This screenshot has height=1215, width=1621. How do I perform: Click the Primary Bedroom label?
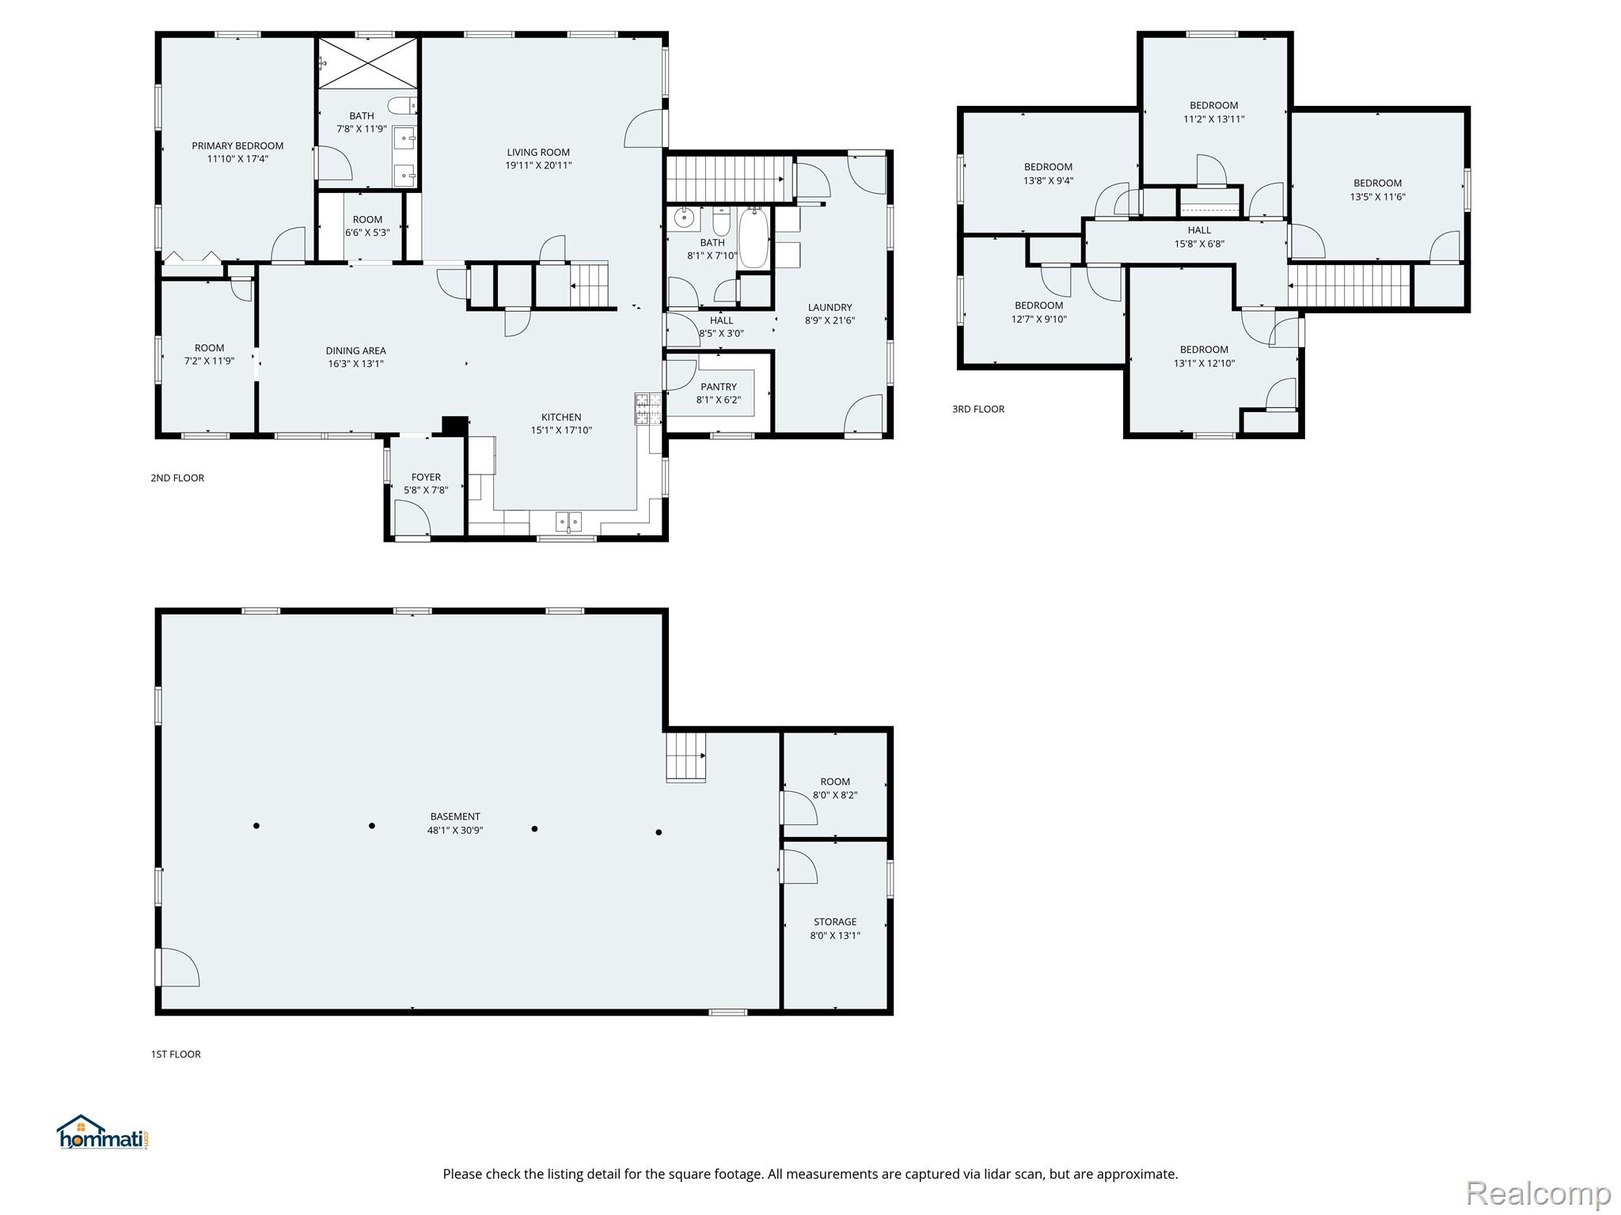pyautogui.click(x=237, y=146)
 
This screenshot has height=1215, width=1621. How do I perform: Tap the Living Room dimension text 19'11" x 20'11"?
pyautogui.click(x=538, y=165)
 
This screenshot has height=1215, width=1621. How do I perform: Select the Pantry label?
pyautogui.click(x=719, y=387)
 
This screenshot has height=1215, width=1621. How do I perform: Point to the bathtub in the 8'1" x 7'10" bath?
pyautogui.click(x=754, y=237)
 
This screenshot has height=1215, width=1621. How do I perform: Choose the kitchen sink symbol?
pyautogui.click(x=568, y=522)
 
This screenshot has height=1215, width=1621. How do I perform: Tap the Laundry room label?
pyautogui.click(x=830, y=308)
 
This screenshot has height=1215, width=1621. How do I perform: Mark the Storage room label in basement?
pyautogui.click(x=835, y=922)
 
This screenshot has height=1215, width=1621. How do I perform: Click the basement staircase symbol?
pyautogui.click(x=685, y=757)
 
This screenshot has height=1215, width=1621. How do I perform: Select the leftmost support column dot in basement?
pyautogui.click(x=256, y=826)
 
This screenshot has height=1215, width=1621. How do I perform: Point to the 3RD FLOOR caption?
pyautogui.click(x=978, y=409)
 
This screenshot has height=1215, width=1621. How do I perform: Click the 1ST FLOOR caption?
pyautogui.click(x=176, y=1054)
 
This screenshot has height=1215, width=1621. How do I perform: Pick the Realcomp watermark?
pyautogui.click(x=1539, y=1193)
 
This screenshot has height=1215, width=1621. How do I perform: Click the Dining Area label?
pyautogui.click(x=356, y=350)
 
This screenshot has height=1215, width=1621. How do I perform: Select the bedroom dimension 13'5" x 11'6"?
pyautogui.click(x=1378, y=197)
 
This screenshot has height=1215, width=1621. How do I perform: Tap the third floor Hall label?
pyautogui.click(x=1199, y=230)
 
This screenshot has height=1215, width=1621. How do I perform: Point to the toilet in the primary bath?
pyautogui.click(x=401, y=105)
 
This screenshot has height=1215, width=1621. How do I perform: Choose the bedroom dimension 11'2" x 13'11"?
pyautogui.click(x=1214, y=119)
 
